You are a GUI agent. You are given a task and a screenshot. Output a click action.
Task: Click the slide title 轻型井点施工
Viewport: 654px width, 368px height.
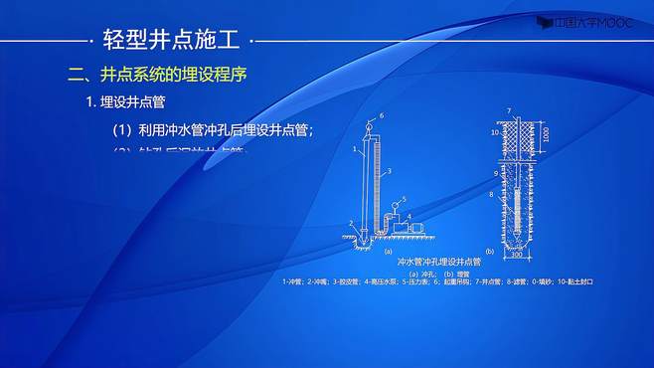pos(171,40)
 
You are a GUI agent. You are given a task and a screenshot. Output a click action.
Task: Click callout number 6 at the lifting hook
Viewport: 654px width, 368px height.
pos(382,117)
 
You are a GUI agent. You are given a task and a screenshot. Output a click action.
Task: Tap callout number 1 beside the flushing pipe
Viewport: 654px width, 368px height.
pos(355,148)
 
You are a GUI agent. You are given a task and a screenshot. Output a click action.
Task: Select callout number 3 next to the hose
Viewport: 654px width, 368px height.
pos(390,172)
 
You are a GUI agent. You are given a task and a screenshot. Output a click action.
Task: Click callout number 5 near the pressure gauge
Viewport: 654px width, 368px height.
pos(405,200)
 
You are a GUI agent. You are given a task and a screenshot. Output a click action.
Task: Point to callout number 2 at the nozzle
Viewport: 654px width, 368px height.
pos(351,223)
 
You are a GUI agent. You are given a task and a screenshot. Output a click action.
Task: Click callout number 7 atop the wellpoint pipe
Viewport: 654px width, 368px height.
pos(509,110)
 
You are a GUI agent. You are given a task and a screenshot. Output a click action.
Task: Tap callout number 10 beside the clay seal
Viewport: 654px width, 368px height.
pos(493,131)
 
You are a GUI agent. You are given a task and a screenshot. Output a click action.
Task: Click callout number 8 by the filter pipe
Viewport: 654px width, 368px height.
pos(491,195)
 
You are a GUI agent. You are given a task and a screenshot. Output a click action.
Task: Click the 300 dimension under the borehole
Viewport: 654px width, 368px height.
pos(517,255)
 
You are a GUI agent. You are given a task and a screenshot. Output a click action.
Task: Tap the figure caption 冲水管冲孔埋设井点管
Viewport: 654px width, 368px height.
pos(430,262)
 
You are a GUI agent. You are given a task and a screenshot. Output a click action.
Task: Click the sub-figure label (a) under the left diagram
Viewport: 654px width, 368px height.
pos(389,252)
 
